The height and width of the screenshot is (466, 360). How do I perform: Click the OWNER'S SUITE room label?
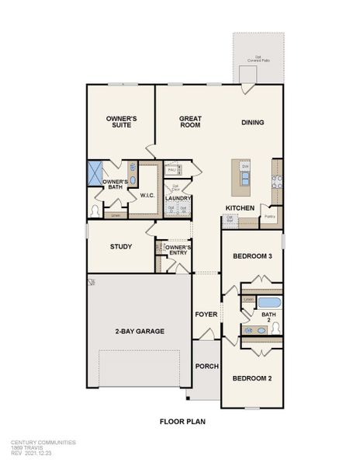(121, 121)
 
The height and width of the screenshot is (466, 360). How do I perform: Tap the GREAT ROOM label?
(190, 121)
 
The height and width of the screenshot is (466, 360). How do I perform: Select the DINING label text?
(252, 122)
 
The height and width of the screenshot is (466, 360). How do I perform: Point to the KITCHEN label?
(240, 208)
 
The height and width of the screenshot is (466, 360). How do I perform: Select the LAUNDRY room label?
(178, 198)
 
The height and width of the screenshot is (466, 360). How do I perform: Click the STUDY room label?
(121, 247)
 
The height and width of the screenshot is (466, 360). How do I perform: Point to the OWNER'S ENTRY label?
(178, 250)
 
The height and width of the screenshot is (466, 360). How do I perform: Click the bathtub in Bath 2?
(268, 301)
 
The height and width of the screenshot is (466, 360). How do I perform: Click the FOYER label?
(206, 315)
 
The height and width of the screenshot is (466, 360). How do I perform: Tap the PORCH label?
(206, 367)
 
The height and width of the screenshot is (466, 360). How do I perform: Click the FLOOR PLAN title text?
(180, 422)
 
